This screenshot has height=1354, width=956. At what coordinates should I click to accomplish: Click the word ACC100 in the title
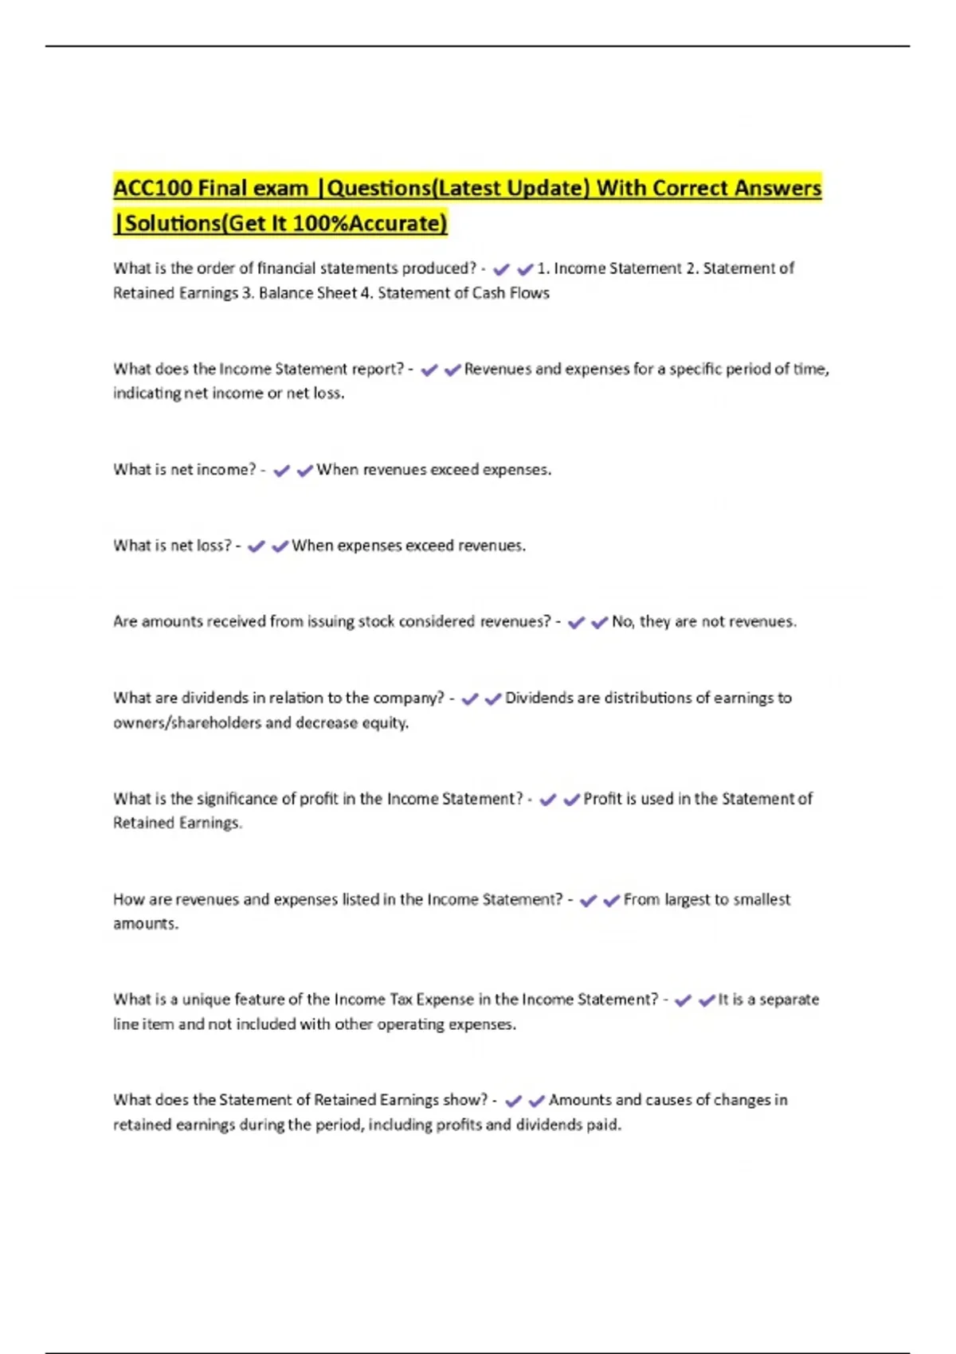tap(152, 189)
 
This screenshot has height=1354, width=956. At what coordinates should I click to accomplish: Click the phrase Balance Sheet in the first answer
tap(308, 293)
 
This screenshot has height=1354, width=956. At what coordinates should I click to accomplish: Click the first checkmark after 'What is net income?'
tap(281, 471)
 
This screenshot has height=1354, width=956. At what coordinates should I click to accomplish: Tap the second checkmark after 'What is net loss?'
tap(280, 546)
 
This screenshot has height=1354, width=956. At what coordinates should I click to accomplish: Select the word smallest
tap(762, 899)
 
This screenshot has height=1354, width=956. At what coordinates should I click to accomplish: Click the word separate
tap(789, 1000)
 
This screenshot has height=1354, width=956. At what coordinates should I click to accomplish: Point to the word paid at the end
tap(603, 1125)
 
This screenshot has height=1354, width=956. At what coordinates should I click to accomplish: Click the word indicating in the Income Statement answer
tap(147, 393)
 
